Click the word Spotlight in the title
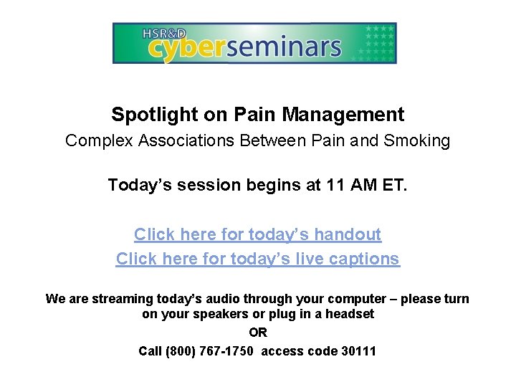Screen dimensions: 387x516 tap(146, 115)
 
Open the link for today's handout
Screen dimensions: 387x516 tap(258, 235)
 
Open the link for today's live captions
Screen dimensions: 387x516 tap(258, 259)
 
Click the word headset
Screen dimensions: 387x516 tap(349, 314)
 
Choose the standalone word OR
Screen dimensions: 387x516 tap(258, 333)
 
